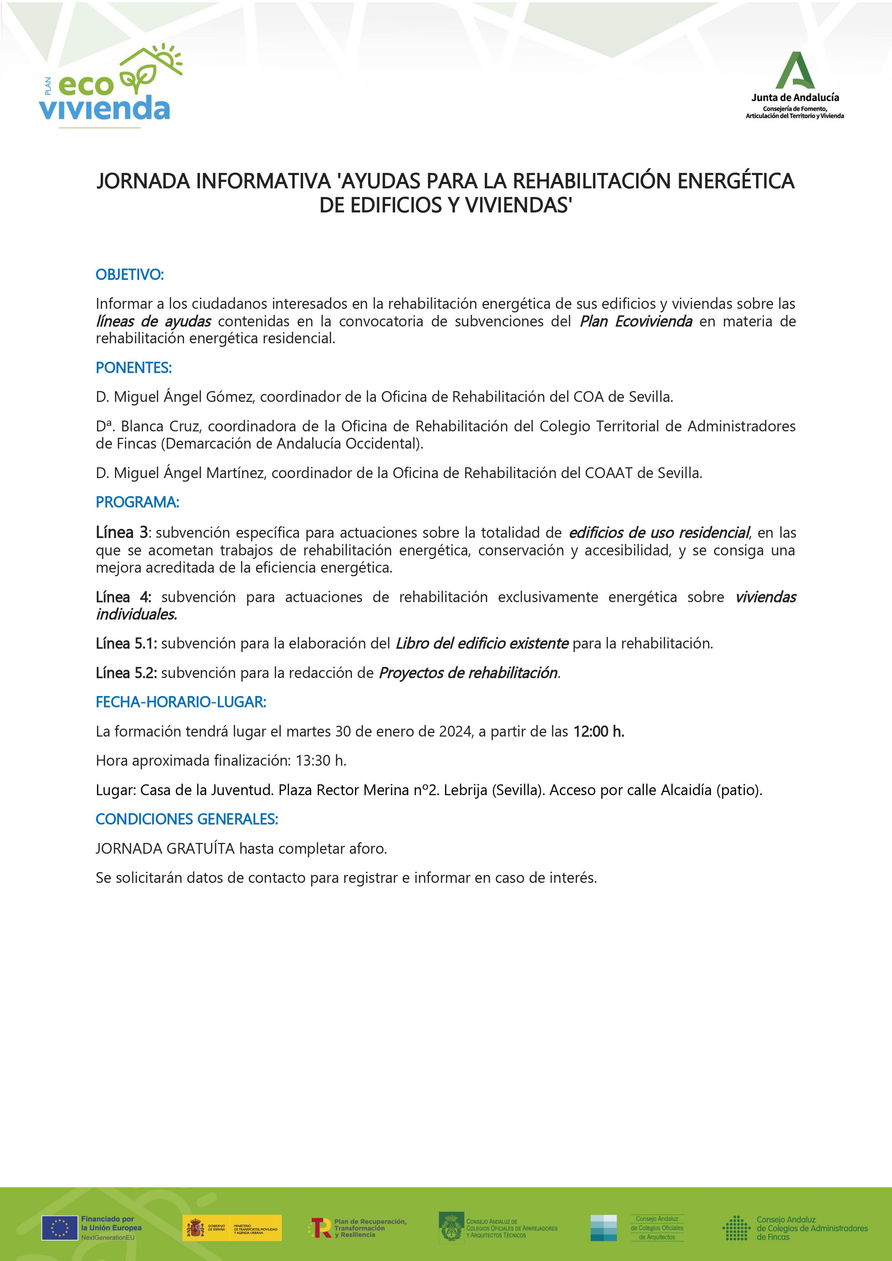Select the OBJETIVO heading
point(130,275)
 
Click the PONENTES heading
point(133,368)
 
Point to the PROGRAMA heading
point(137,502)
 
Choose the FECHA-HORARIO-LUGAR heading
point(181,702)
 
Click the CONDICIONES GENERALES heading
point(187,819)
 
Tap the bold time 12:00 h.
point(599,732)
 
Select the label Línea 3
point(122,532)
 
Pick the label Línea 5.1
point(126,643)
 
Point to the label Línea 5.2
point(126,673)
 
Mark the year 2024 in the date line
point(456,732)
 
